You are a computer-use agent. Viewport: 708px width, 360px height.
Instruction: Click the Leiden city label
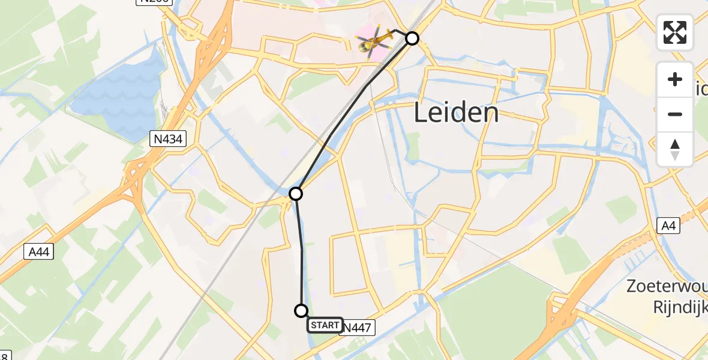(x=457, y=113)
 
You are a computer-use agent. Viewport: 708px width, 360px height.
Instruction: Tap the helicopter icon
(x=374, y=41)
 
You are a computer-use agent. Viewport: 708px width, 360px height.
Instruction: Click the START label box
(x=325, y=325)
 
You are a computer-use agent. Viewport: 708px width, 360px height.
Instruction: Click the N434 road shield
(x=168, y=139)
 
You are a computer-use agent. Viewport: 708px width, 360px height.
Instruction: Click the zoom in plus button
(x=675, y=79)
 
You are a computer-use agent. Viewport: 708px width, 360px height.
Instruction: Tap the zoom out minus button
(x=675, y=114)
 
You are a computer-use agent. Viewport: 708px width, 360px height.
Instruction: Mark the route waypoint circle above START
(x=301, y=310)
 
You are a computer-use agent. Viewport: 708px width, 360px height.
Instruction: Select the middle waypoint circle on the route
(x=296, y=194)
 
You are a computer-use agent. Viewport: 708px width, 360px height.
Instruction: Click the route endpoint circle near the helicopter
(x=412, y=38)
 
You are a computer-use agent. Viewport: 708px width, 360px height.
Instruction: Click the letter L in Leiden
(x=421, y=113)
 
